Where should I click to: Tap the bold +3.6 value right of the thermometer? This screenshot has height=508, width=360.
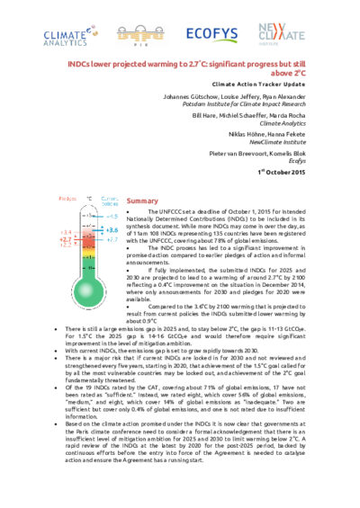112,230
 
